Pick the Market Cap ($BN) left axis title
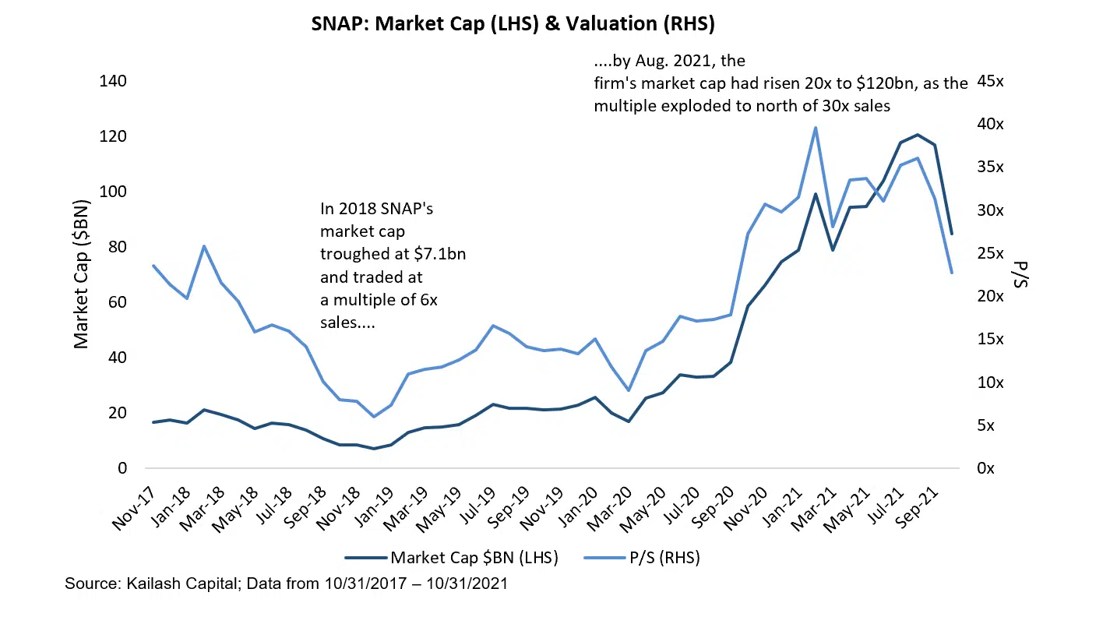tap(81, 274)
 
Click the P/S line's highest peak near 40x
tap(815, 128)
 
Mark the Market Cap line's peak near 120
tap(917, 135)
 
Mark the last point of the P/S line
tap(951, 273)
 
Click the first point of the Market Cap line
tap(153, 422)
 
